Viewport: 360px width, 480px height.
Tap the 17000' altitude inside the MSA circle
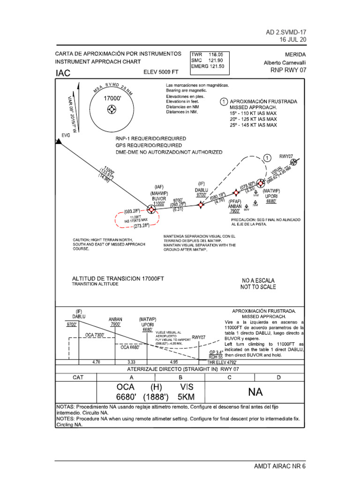click(112, 98)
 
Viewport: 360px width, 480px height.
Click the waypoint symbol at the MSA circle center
click(112, 110)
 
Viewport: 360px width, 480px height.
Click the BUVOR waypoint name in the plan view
click(159, 198)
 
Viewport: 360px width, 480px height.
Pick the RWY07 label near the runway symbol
click(286, 157)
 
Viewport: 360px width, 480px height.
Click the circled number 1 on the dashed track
click(267, 158)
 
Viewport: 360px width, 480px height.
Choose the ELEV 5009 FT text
click(161, 72)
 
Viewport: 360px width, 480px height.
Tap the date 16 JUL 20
click(293, 39)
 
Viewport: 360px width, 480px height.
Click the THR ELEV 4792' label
click(222, 362)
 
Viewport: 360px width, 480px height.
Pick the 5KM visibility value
click(186, 397)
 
